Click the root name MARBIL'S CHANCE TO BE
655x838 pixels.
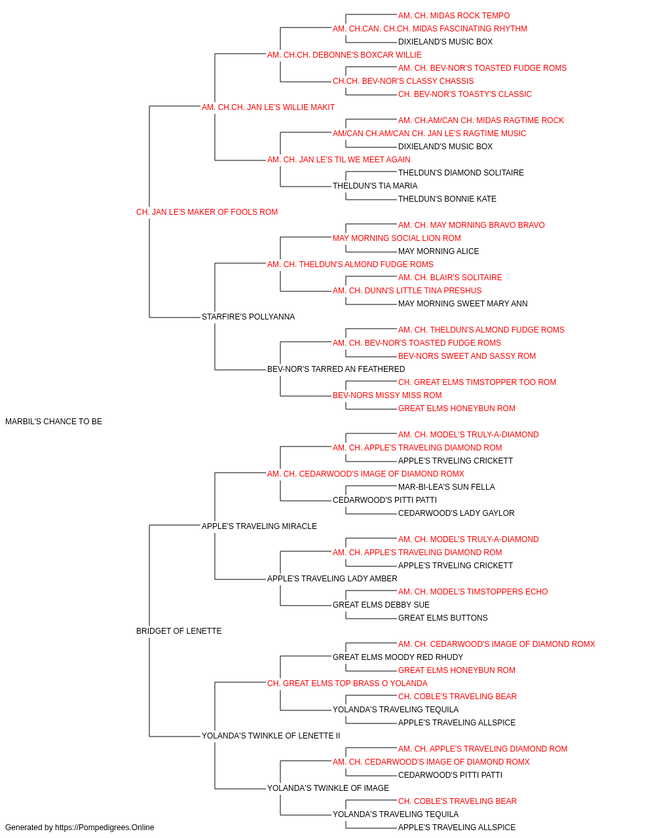click(54, 422)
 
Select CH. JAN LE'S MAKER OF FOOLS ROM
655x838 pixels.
click(207, 212)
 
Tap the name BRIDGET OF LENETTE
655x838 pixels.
click(179, 631)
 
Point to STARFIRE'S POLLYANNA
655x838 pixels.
click(248, 317)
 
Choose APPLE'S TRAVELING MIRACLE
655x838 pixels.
click(259, 526)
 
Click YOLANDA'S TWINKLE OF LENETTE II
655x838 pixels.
click(271, 735)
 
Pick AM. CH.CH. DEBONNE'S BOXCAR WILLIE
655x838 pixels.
click(344, 55)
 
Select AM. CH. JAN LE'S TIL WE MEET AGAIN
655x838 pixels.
click(339, 160)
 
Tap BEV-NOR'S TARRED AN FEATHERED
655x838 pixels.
click(336, 369)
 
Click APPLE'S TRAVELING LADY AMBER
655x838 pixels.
click(332, 579)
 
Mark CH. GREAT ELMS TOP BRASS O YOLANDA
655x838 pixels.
click(347, 683)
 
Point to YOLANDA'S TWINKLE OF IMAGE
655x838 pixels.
click(328, 788)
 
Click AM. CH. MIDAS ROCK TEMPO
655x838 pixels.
click(454, 16)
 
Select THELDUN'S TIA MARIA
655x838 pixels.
click(375, 186)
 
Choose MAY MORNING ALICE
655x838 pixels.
click(438, 251)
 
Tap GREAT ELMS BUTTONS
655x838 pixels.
click(443, 618)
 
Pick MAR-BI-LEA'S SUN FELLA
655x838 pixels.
click(446, 487)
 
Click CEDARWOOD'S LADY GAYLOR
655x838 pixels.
click(456, 513)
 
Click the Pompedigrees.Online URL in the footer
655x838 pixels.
click(104, 828)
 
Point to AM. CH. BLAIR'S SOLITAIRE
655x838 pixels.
click(450, 278)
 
